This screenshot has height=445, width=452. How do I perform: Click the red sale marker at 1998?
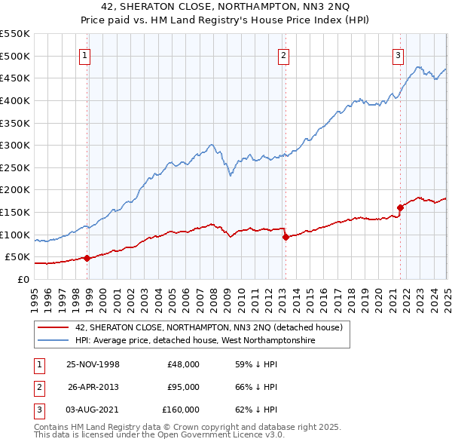[87, 258]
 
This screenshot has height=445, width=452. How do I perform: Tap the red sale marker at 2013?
[286, 237]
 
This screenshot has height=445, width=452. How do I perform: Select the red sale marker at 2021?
[399, 208]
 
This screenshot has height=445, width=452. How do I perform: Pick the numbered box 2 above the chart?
[283, 54]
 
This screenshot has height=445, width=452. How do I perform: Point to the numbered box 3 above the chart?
[397, 54]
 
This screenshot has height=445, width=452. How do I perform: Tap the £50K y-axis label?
[18, 257]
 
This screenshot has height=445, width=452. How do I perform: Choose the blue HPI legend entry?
[194, 341]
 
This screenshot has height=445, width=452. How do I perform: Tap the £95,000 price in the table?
[183, 387]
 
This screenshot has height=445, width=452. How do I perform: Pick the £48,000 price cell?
[183, 364]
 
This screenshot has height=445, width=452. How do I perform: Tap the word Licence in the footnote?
[250, 435]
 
